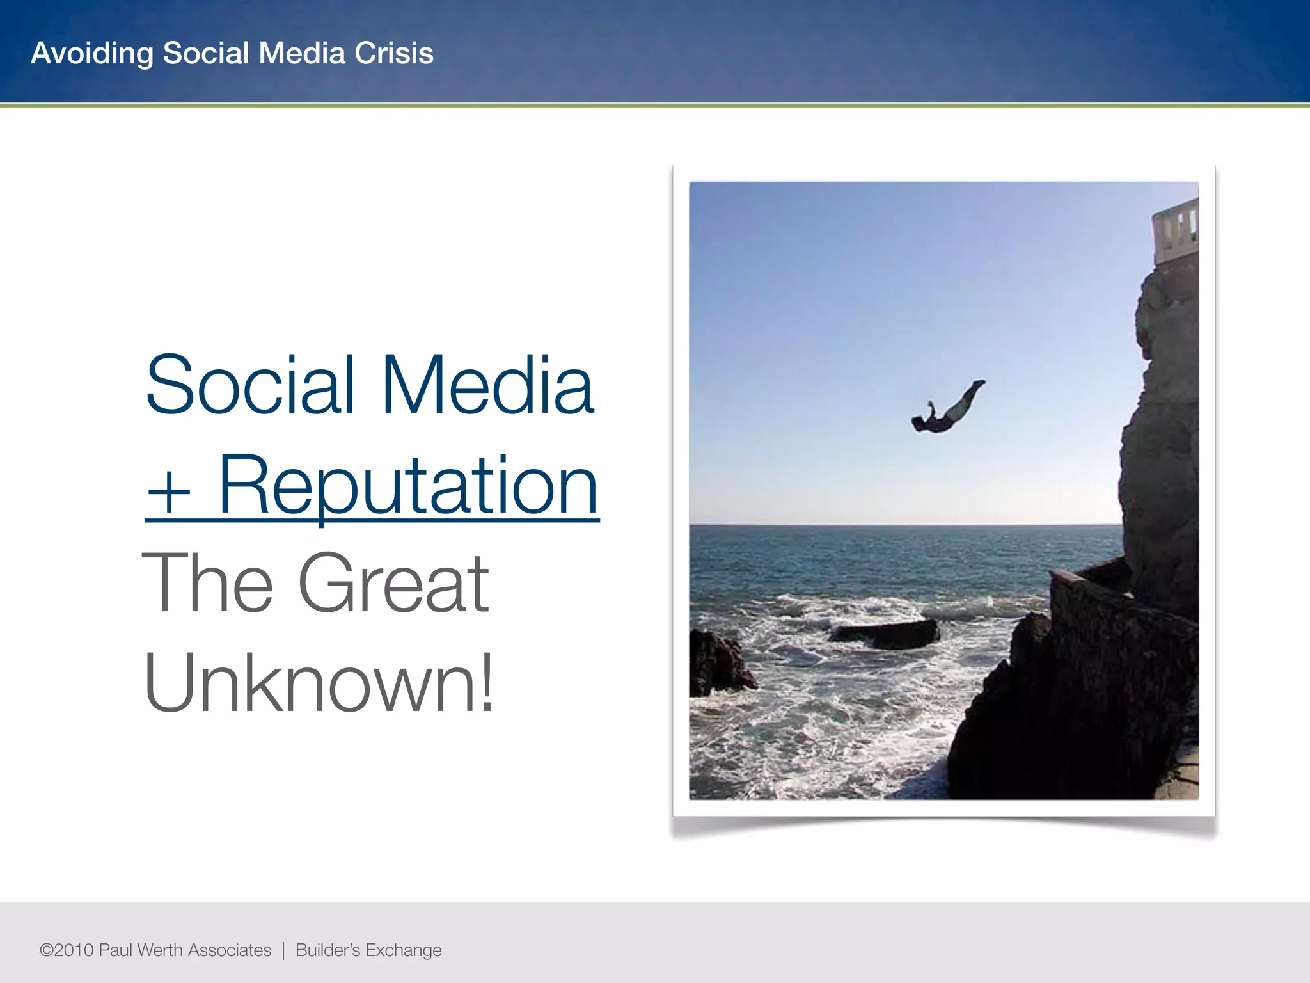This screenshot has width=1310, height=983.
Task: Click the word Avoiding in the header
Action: (x=92, y=53)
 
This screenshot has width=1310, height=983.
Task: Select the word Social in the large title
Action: (x=249, y=385)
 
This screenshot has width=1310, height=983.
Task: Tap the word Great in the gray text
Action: (x=393, y=584)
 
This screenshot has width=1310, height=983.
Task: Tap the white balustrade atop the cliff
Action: (x=1176, y=230)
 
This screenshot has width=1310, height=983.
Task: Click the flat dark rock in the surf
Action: (x=886, y=634)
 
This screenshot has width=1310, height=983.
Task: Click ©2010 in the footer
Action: (x=67, y=950)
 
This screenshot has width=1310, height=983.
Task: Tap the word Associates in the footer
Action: (x=230, y=950)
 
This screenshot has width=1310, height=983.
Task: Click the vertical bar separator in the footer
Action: (x=283, y=950)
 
